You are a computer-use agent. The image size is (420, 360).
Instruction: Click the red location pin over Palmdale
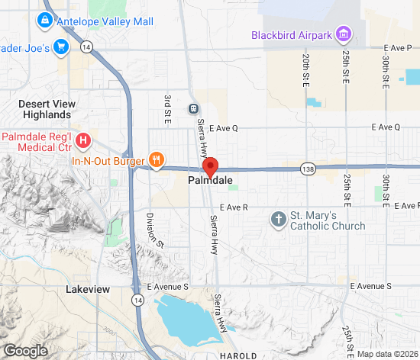click(210, 166)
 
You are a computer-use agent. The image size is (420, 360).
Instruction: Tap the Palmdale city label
click(210, 182)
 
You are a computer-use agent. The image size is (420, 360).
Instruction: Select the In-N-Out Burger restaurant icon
click(156, 160)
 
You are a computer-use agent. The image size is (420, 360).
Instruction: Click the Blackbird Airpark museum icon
click(344, 34)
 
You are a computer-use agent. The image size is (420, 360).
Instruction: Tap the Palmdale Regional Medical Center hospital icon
click(84, 141)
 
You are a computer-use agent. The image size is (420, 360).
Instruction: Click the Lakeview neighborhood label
click(88, 290)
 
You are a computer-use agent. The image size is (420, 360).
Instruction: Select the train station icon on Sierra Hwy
click(194, 108)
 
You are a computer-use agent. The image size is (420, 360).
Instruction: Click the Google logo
click(24, 350)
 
